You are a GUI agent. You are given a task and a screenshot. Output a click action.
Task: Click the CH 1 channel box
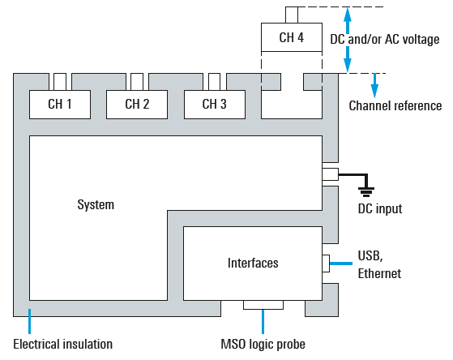(x=60, y=105)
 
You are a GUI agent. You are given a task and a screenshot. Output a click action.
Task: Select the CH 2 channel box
(x=137, y=105)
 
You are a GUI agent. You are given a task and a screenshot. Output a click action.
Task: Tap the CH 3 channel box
(x=215, y=105)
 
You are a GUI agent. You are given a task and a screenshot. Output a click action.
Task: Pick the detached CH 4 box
(x=292, y=37)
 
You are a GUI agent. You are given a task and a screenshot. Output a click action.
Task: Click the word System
(x=96, y=204)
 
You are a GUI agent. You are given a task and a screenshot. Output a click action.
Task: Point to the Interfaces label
(x=253, y=264)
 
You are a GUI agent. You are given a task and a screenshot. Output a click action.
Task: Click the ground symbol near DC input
(x=366, y=191)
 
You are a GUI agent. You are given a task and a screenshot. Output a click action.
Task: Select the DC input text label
(x=380, y=208)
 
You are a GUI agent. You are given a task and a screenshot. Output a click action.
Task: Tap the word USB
(x=370, y=256)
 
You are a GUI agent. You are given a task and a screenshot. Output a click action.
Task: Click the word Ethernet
(x=379, y=273)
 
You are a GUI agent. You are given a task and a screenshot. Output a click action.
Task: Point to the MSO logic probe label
(x=263, y=345)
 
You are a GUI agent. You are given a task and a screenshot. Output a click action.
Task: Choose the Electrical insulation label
(x=63, y=345)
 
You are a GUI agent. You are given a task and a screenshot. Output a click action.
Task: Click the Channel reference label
(x=395, y=106)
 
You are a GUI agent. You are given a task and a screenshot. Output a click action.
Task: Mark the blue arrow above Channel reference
(x=374, y=86)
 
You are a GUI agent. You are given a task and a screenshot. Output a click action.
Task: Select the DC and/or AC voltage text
(x=385, y=40)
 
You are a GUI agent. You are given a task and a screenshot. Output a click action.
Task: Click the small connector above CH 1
(x=60, y=82)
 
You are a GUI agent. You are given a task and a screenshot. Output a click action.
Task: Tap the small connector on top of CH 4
(x=292, y=15)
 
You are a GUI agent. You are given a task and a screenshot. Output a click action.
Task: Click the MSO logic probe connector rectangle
(x=263, y=305)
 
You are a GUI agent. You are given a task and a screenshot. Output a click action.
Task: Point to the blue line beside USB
(x=341, y=264)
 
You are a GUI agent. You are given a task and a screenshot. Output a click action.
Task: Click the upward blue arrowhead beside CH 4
(x=348, y=15)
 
